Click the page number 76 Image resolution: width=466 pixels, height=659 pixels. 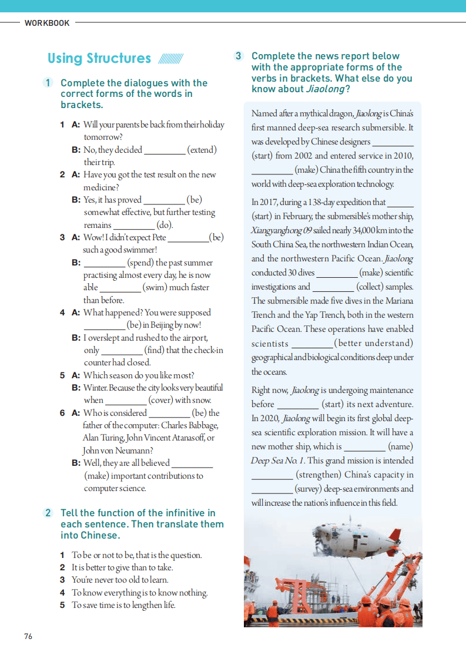28,637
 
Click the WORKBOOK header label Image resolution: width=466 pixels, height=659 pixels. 47,23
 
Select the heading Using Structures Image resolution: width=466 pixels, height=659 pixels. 99,58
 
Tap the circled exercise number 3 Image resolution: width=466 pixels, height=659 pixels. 238,56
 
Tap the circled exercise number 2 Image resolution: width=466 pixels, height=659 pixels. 48,513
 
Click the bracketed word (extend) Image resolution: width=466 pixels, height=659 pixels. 202,150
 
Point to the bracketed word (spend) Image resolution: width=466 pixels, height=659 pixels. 143,263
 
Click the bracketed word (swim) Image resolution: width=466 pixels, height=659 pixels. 160,287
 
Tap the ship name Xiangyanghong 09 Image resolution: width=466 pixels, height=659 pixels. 278,230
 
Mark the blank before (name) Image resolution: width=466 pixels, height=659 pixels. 364,447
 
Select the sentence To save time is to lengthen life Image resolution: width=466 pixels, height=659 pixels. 123,605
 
